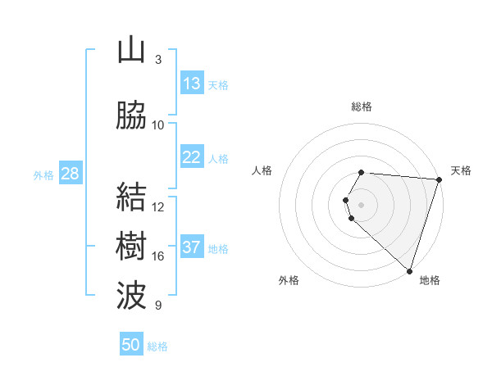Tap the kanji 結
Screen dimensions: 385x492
(131, 197)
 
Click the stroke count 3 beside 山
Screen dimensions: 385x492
(158, 59)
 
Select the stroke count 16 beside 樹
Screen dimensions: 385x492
(158, 256)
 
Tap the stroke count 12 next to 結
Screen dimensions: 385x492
(158, 207)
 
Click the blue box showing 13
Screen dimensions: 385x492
(192, 84)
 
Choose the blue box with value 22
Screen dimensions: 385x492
(192, 158)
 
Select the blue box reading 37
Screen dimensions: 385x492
(192, 248)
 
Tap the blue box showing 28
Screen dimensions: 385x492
(70, 174)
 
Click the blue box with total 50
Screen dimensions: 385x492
(131, 345)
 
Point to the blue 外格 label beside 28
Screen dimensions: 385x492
(43, 174)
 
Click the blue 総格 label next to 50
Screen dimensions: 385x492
(157, 346)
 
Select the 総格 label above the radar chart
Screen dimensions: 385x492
(362, 106)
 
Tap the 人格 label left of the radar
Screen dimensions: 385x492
(262, 170)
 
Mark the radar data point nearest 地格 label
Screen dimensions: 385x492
(409, 271)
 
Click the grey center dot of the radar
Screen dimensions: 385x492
(362, 204)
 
